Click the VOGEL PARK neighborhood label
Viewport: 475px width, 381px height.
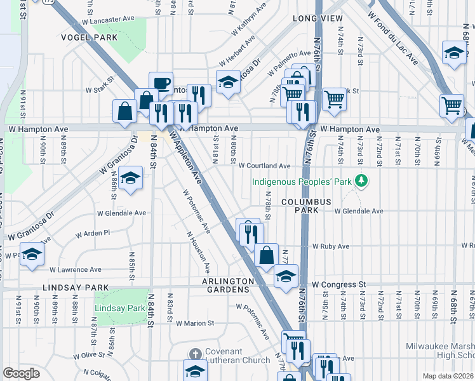tap(89, 38)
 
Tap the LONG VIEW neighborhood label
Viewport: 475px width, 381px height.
tap(318, 19)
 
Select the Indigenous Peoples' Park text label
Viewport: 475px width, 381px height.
tap(302, 182)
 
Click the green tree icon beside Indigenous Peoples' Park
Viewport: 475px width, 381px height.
tap(362, 182)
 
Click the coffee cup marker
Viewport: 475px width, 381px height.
tap(161, 83)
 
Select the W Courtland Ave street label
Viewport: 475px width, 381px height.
tap(264, 166)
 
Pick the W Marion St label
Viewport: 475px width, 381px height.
tap(197, 323)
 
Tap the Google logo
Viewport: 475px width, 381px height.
tap(21, 373)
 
